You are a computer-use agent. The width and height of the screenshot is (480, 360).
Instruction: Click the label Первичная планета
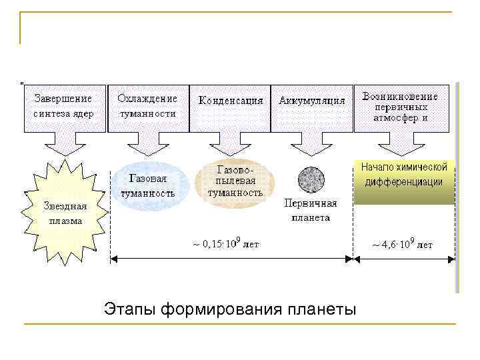point(311,210)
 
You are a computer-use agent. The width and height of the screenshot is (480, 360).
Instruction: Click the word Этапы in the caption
point(127,310)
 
